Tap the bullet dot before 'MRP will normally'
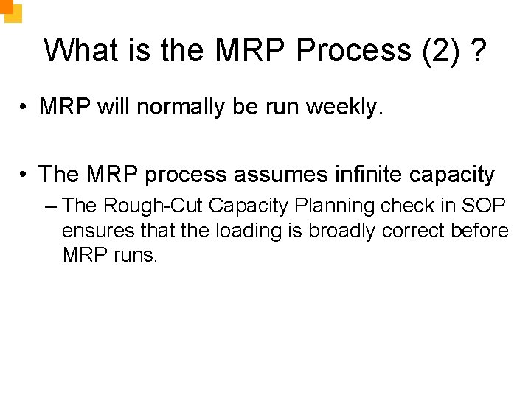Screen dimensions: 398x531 [25, 108]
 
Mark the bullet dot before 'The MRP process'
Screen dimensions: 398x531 [25, 175]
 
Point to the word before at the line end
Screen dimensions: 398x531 [479, 231]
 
